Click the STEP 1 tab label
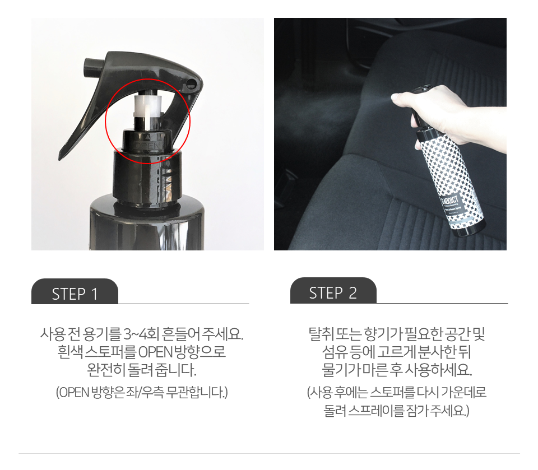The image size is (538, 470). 75,294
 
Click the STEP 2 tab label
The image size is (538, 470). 333,293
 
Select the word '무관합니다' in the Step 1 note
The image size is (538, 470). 197,392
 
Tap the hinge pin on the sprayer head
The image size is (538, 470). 191,83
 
